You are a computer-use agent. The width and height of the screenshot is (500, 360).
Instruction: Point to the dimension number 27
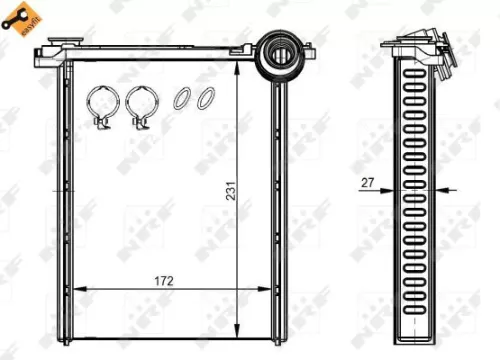368,182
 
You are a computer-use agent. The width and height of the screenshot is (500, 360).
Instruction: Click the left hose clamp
101,106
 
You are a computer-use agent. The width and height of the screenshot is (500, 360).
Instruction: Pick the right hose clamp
140,106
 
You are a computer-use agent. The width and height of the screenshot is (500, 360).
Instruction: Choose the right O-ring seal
205,99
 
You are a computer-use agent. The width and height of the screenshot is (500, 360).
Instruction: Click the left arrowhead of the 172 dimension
80,288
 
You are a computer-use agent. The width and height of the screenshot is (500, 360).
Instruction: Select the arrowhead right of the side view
446,189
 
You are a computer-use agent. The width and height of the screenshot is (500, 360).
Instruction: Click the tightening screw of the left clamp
101,125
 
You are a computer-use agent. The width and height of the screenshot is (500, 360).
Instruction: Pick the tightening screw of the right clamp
140,125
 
